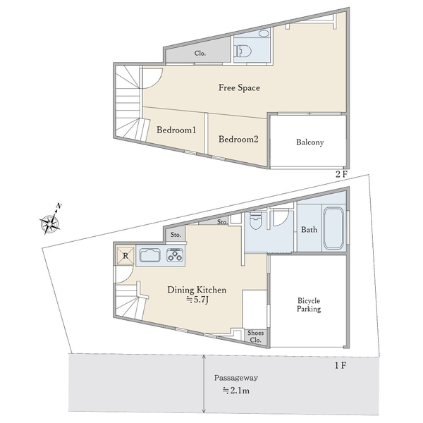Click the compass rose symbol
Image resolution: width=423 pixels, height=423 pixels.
(x=51, y=222)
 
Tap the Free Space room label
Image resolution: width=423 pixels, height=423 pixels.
(x=239, y=87)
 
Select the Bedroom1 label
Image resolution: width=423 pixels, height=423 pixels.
(x=176, y=130)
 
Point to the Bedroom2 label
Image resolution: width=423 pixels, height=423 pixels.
(x=238, y=139)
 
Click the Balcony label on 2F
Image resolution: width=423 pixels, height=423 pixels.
(x=309, y=142)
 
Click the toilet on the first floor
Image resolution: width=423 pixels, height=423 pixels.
(x=256, y=220)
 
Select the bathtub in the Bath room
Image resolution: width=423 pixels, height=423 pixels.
(x=333, y=228)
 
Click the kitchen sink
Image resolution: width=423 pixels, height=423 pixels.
(x=150, y=255)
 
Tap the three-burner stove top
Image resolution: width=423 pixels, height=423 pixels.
(x=175, y=255)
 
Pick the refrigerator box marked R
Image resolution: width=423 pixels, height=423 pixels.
(x=125, y=255)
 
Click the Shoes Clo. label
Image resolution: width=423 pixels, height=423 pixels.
(x=255, y=336)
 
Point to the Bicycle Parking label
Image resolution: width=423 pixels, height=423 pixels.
(x=309, y=305)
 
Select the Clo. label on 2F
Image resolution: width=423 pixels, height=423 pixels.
(x=200, y=54)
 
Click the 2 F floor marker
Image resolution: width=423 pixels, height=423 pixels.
(x=341, y=174)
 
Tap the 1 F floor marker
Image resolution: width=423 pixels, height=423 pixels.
(x=341, y=365)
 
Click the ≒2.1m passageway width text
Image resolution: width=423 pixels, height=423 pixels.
(x=235, y=391)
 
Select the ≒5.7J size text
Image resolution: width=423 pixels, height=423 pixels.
(x=197, y=300)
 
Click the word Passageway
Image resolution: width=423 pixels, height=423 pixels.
(x=236, y=378)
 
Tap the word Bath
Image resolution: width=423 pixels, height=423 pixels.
(x=309, y=230)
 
